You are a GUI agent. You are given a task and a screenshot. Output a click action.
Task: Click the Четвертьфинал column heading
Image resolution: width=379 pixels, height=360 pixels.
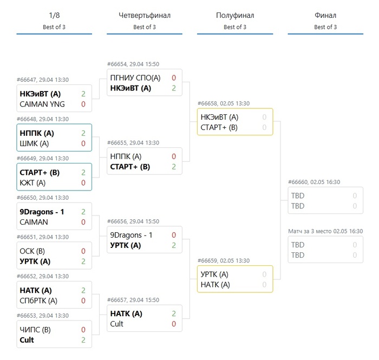[144, 16]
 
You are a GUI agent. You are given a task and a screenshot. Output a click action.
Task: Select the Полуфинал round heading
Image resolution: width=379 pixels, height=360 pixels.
[234, 16]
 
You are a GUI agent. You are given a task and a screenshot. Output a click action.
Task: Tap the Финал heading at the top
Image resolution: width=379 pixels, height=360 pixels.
[325, 16]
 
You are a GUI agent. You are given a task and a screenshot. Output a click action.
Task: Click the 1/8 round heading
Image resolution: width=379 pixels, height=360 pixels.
[54, 16]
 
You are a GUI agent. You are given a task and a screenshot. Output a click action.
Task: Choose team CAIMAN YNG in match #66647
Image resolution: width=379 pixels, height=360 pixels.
[41, 104]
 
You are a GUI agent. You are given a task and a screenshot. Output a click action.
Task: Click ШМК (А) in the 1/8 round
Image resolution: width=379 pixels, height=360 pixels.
[34, 143]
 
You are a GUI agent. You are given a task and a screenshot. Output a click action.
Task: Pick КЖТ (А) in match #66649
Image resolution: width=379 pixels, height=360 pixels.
[32, 183]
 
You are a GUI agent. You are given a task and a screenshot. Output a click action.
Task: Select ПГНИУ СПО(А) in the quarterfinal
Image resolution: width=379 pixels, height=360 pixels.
[135, 78]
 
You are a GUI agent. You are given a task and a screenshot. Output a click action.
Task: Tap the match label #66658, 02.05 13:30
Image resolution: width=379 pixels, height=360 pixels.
[223, 103]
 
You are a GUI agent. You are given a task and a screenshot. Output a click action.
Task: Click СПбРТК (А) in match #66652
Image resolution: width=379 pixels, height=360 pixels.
[38, 300]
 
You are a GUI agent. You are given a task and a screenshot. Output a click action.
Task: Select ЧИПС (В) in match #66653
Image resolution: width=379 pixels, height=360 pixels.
[35, 330]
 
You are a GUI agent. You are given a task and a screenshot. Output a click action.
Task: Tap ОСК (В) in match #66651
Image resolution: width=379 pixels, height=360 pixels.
[32, 251]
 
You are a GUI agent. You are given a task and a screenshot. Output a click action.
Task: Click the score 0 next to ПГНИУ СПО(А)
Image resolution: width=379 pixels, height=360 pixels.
[173, 78]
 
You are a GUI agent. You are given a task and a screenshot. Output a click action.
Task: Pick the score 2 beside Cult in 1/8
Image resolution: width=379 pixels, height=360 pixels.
[83, 340]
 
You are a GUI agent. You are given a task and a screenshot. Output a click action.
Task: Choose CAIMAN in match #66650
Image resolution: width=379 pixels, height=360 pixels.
[34, 222]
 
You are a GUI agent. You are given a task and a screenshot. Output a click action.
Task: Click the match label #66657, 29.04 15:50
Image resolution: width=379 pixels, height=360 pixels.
[133, 300]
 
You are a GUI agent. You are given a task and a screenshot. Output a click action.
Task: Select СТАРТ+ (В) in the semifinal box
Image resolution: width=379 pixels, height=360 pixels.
[219, 127]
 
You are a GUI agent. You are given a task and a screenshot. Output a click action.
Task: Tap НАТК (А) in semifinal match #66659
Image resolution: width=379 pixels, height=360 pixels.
[215, 285]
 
